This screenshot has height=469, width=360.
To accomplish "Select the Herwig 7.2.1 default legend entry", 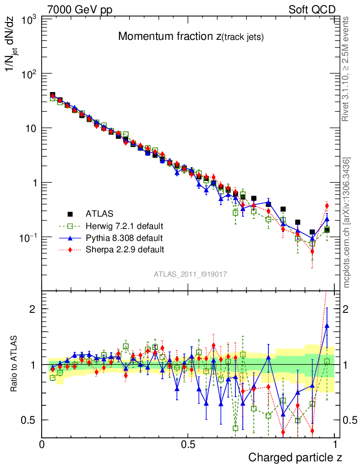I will pyautogui.click(x=124, y=226).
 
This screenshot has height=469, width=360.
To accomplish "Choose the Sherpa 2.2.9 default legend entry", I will pyautogui.click(x=124, y=250).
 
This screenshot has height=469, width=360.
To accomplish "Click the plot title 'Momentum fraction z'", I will pyautogui.click(x=191, y=37).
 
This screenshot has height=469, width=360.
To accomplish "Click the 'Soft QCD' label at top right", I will pyautogui.click(x=312, y=10).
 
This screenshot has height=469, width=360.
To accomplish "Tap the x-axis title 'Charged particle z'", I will pyautogui.click(x=295, y=457).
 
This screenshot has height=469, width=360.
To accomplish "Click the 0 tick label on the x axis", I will pyautogui.click(x=42, y=444).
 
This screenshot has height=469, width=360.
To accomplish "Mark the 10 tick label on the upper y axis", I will pyautogui.click(x=31, y=128).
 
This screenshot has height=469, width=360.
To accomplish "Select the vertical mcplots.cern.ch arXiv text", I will pyautogui.click(x=347, y=223).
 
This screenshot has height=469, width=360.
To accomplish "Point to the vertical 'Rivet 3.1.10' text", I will pyautogui.click(x=347, y=69).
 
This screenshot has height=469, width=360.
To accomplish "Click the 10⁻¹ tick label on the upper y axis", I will pyautogui.click(x=28, y=237).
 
